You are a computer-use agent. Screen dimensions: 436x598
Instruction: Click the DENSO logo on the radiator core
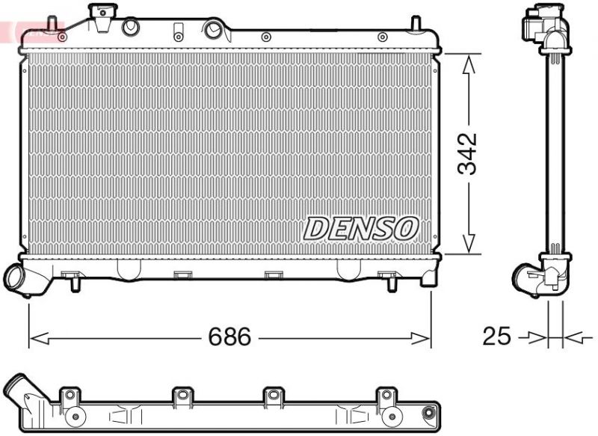(x=361, y=228)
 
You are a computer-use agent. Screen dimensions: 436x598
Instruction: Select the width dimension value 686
(x=229, y=337)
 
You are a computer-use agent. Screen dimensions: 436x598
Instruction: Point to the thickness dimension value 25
(x=496, y=337)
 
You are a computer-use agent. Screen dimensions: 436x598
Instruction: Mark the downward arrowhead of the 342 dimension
(x=469, y=243)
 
